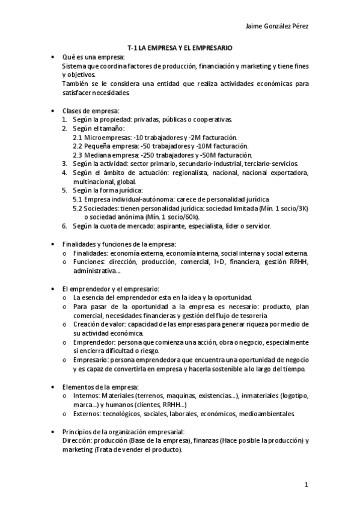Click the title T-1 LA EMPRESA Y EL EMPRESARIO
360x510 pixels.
point(180,47)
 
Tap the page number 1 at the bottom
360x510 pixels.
point(307,485)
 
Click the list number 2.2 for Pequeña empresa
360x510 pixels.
point(78,146)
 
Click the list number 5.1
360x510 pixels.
point(78,199)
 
